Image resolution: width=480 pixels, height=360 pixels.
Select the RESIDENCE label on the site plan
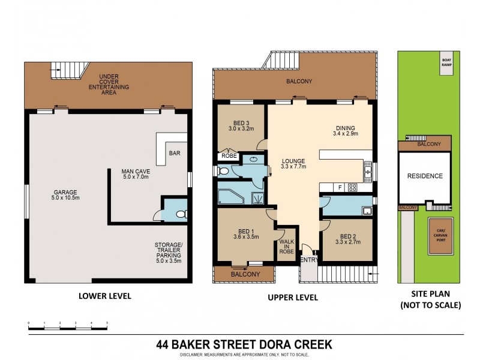click(x=425, y=176)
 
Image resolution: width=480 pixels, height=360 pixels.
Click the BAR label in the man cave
click(x=175, y=153)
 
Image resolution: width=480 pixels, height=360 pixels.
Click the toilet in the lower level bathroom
click(x=181, y=213)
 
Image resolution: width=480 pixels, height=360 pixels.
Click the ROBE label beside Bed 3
click(x=229, y=156)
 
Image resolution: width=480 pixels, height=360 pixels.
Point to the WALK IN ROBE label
click(x=286, y=247)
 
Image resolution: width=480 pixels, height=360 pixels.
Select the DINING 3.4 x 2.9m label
click(x=346, y=131)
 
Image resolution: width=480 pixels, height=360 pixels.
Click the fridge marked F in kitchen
click(x=340, y=187)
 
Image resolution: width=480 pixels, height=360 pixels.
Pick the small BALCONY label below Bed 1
click(x=244, y=274)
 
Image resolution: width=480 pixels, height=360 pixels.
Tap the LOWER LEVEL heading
click(x=105, y=296)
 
